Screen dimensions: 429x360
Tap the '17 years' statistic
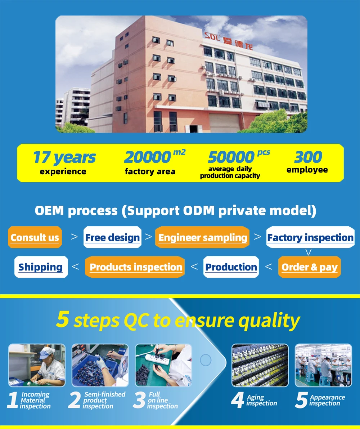click(64, 157)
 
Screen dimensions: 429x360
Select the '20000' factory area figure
click(147, 157)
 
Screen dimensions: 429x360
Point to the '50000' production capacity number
click(231, 157)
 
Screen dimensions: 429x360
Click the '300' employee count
click(308, 157)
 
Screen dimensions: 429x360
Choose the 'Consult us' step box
click(35, 237)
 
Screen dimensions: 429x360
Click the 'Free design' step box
click(112, 237)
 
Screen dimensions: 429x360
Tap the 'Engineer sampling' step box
click(202, 237)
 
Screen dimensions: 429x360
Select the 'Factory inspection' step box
click(310, 237)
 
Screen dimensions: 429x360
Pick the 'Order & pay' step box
click(309, 267)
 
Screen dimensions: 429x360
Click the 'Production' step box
click(231, 267)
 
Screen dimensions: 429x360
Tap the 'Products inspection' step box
click(135, 267)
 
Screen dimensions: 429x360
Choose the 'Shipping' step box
click(41, 267)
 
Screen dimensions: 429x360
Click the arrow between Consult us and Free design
click(74, 237)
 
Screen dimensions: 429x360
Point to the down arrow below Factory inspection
click(308, 252)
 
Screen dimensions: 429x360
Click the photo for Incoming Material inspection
click(37, 365)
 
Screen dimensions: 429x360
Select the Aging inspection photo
click(260, 365)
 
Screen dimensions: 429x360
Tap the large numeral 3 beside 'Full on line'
click(139, 401)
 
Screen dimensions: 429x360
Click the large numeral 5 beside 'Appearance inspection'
click(301, 401)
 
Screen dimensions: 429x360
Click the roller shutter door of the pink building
click(224, 123)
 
